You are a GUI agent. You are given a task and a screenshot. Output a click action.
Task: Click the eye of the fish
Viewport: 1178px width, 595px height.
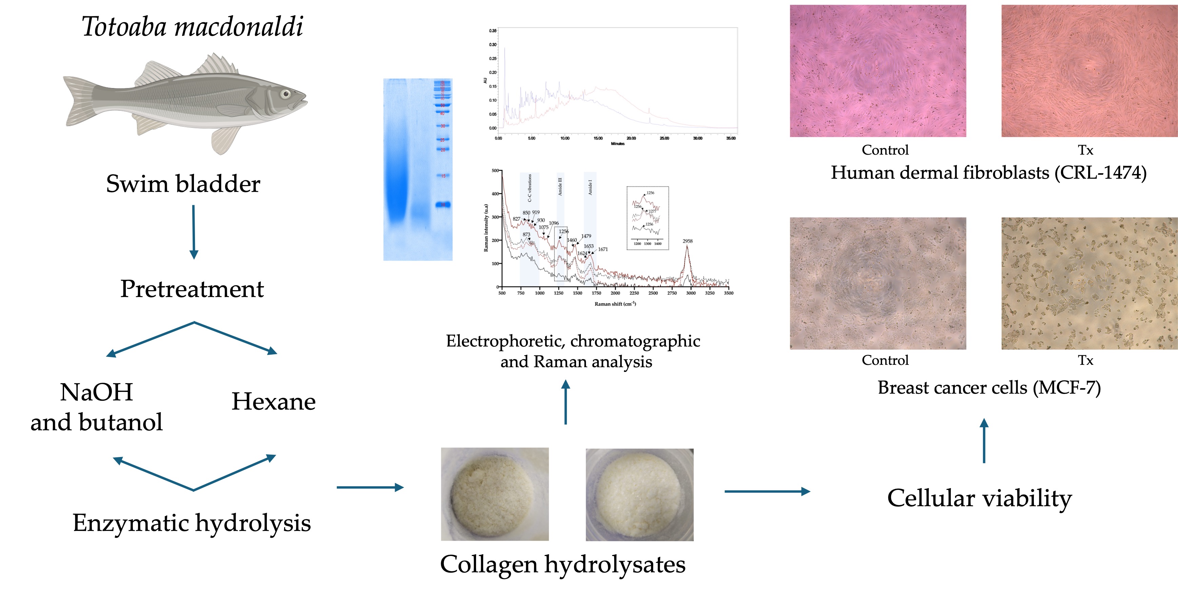point(286,94)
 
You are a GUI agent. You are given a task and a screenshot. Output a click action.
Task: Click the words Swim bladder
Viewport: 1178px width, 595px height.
point(183,184)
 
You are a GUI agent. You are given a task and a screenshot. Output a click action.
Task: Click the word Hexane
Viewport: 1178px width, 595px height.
point(273,401)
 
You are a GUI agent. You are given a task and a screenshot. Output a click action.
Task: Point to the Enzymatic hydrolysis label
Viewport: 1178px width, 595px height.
point(192,523)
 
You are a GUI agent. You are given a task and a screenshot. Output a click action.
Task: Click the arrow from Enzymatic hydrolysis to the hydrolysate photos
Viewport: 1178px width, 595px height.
point(370,488)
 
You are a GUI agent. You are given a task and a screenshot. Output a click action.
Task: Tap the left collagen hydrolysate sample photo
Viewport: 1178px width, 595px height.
point(494,494)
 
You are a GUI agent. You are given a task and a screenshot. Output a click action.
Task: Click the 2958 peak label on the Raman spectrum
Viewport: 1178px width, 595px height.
point(687,241)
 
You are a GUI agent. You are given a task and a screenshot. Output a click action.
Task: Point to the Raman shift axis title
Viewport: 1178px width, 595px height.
point(615,304)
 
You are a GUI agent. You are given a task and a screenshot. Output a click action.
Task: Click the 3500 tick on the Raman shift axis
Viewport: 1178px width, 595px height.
point(728,293)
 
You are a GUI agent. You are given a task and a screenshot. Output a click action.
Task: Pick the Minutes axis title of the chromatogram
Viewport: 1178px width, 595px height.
point(617,144)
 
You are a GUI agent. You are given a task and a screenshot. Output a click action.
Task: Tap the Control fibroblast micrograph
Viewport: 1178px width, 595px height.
point(878,71)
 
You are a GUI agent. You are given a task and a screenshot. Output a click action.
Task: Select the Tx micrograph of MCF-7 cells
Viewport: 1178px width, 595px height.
point(1089,283)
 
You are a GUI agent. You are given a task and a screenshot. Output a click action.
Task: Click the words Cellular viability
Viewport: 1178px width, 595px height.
point(980,498)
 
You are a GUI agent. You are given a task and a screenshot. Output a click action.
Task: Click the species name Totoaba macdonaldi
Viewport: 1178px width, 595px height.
point(192,26)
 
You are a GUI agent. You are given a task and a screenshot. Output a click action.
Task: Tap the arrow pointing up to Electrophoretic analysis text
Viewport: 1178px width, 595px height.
point(566,402)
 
